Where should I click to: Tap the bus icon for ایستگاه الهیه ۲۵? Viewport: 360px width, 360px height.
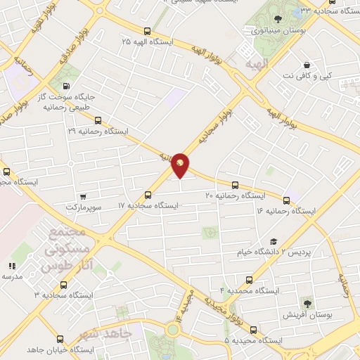(x=147, y=31)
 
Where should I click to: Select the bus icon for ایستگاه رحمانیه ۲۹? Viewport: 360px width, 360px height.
(x=98, y=120)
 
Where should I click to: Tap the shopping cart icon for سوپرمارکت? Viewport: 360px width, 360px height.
(x=84, y=196)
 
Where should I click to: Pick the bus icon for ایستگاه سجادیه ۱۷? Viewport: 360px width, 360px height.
(x=148, y=195)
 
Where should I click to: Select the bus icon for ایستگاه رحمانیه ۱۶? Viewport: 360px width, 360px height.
(x=286, y=200)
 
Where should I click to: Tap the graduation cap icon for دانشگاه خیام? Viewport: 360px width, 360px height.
(x=273, y=241)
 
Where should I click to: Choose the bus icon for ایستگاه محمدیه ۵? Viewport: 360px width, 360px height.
(x=253, y=330)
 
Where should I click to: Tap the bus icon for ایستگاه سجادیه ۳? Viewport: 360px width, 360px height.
(x=64, y=285)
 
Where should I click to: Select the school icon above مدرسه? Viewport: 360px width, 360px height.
(x=11, y=266)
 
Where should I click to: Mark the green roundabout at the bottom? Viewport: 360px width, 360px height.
(x=172, y=330)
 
